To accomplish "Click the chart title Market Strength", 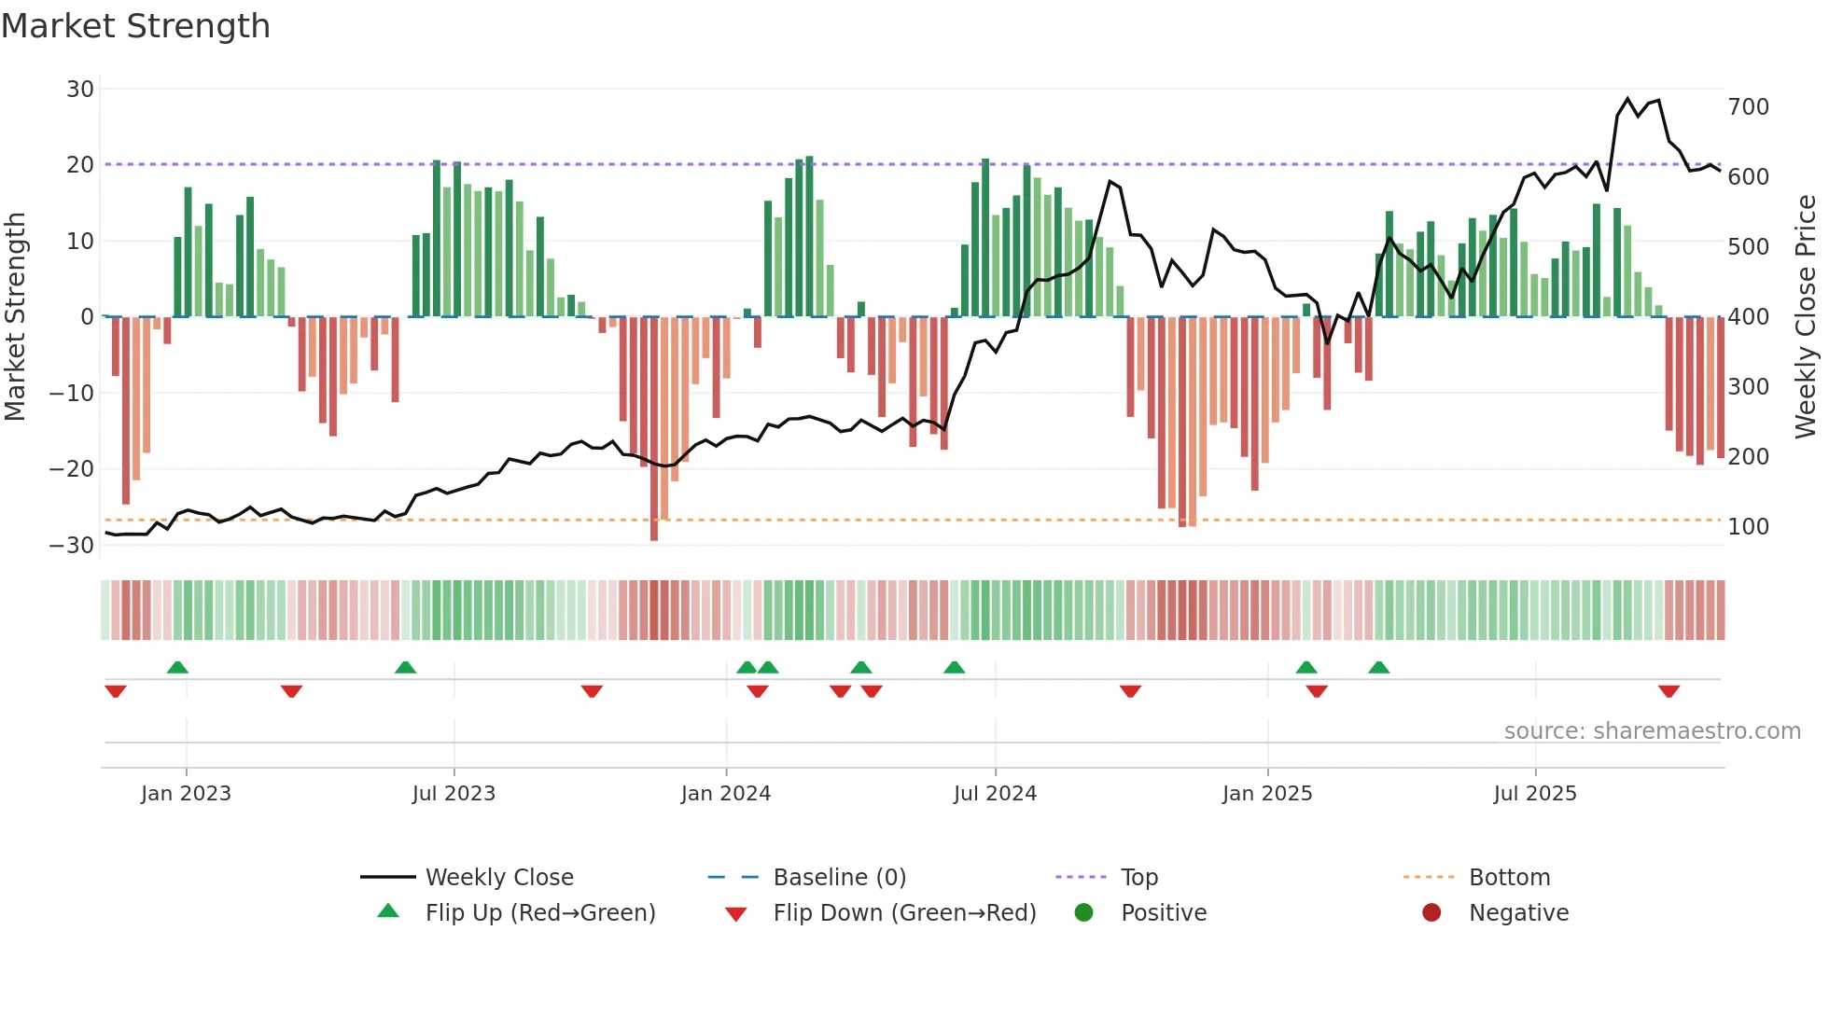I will (135, 26).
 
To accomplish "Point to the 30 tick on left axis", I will (80, 90).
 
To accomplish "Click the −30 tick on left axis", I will (72, 546).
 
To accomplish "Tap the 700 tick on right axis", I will (1748, 107).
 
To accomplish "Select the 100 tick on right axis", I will (1748, 527).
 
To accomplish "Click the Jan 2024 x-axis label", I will (726, 794).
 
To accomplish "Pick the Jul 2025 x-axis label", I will (1535, 794).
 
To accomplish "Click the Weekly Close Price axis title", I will (1807, 317).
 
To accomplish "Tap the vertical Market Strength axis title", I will (16, 317).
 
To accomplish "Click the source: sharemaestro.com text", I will (1652, 731).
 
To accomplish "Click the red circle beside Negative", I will (1431, 913).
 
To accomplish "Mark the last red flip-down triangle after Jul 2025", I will (1669, 691).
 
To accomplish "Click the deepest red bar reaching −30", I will (654, 429).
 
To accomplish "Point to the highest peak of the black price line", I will (1627, 99).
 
